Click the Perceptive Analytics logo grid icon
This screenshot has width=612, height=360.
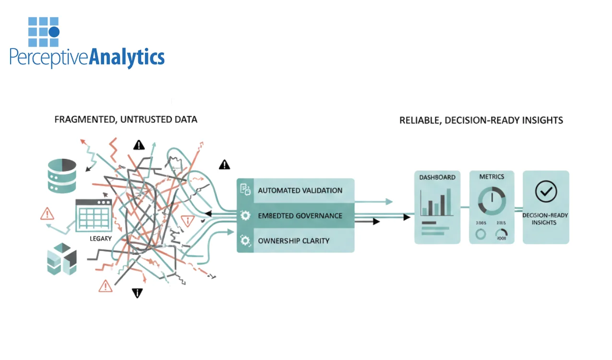[x=44, y=32]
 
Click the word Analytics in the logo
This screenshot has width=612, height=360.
[x=127, y=57]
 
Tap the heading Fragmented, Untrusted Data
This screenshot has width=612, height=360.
[x=126, y=119]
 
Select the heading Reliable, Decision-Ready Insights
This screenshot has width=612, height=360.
[x=481, y=120]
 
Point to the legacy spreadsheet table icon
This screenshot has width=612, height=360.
[x=94, y=215]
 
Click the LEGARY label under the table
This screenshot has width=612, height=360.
[x=100, y=238]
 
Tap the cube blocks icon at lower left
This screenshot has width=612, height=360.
[x=62, y=259]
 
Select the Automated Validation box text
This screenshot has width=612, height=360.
[x=300, y=191]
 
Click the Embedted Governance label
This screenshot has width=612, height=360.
[x=300, y=216]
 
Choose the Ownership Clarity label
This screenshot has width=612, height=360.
[x=293, y=240]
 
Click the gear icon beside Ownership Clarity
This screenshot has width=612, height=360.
[x=245, y=240]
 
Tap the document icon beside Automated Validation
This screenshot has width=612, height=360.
[x=245, y=190]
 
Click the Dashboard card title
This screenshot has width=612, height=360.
[x=437, y=177]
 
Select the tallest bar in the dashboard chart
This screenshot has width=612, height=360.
[x=449, y=201]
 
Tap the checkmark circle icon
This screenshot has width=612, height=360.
[x=546, y=192]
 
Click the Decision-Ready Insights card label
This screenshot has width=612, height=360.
[x=545, y=219]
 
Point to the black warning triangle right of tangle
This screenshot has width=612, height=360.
[x=224, y=165]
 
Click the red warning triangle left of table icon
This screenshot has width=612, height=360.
[x=47, y=214]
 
